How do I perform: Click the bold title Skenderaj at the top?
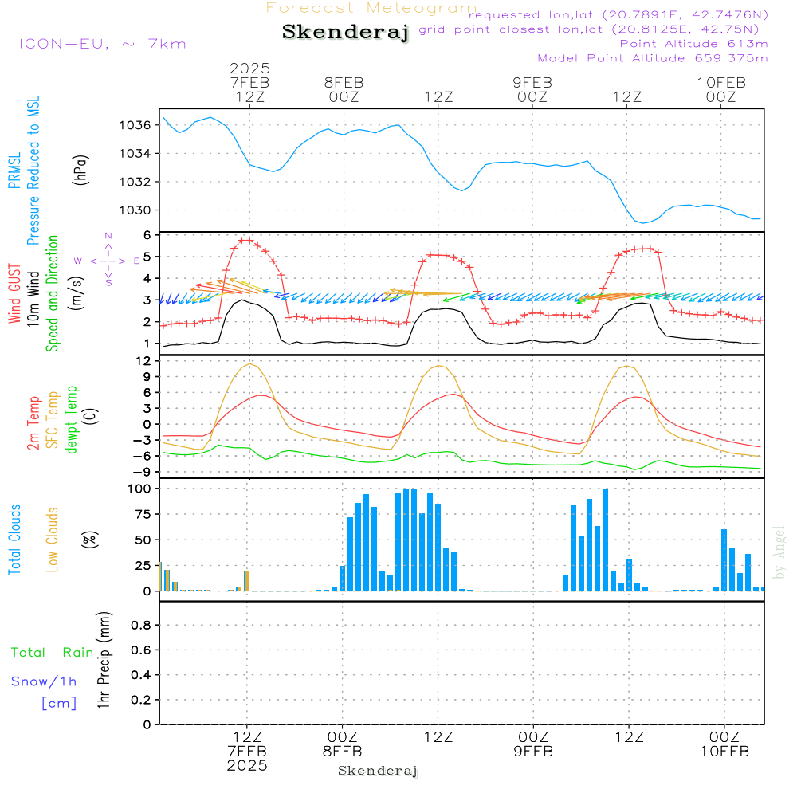346,32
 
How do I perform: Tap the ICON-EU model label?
103,44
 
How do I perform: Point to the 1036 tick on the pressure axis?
135,125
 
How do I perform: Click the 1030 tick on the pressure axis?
135,210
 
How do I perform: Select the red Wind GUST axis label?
14,294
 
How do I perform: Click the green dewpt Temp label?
71,419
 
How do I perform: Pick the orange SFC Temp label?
53,420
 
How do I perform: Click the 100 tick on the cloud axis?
139,489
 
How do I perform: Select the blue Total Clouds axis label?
14,540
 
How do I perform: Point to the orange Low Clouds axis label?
53,540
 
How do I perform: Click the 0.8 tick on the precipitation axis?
141,625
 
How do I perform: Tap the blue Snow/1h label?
44,681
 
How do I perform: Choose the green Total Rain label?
53,653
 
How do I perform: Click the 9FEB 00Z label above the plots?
532,89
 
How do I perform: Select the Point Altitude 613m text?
693,44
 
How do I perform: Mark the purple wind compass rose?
108,261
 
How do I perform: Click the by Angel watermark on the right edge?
779,552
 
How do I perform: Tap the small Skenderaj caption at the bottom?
378,771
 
